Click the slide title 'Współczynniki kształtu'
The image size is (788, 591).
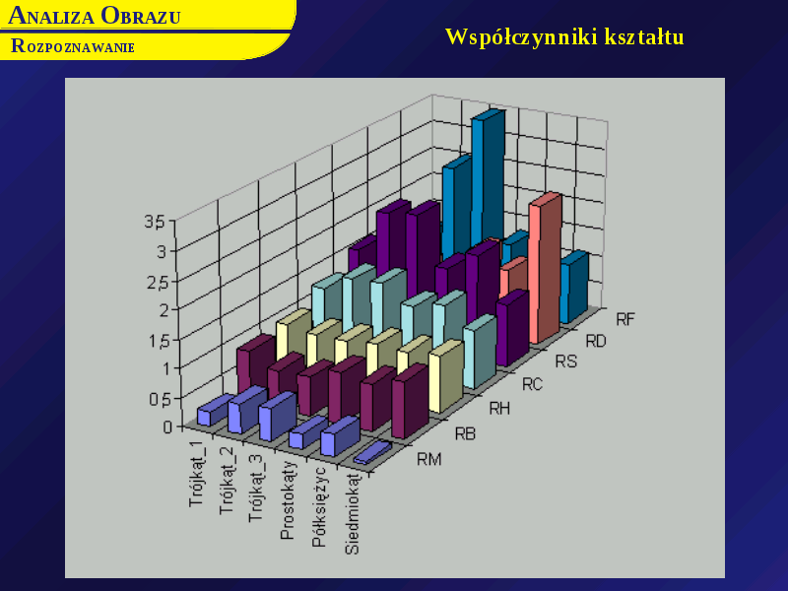[564, 37]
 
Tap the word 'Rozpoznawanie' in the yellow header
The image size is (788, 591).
[73, 46]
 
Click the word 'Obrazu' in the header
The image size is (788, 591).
[140, 16]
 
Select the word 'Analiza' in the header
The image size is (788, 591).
[51, 16]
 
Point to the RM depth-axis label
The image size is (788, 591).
[428, 459]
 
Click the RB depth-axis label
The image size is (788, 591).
[465, 433]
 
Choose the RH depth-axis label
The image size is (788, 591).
[499, 409]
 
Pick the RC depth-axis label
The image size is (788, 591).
[532, 384]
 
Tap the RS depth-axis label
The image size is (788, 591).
[565, 361]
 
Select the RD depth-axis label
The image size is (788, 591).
[596, 342]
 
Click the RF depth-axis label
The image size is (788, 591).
[625, 319]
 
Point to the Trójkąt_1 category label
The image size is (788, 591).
[198, 474]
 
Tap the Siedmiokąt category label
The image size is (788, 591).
[353, 512]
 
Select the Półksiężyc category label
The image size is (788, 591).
[319, 506]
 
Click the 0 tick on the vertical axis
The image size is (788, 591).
[167, 427]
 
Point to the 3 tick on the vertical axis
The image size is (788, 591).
[162, 251]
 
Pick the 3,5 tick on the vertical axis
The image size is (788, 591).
[155, 222]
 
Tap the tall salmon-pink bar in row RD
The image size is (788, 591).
[545, 269]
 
